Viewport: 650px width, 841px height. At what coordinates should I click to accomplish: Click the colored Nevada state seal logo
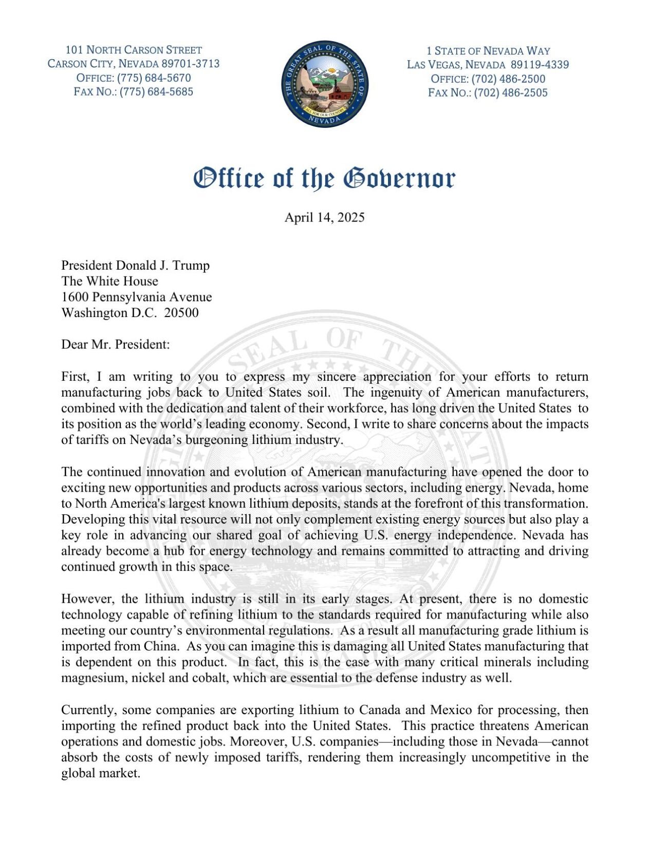tap(325, 84)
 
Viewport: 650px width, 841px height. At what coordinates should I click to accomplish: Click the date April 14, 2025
tap(325, 217)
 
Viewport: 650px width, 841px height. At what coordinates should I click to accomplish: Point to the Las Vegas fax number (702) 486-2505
tap(511, 93)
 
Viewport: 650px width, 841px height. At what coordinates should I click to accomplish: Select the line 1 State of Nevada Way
tap(488, 51)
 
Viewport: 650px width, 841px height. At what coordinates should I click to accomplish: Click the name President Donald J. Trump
tap(135, 265)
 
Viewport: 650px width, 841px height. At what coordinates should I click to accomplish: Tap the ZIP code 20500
tap(181, 313)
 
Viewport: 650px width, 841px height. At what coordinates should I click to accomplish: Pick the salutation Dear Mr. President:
tap(115, 344)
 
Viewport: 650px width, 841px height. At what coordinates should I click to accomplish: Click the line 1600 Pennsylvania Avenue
tap(136, 297)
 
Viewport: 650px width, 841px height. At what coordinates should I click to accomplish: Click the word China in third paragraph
tap(159, 646)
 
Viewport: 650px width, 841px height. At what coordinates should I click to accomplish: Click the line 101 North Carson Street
tap(134, 50)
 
